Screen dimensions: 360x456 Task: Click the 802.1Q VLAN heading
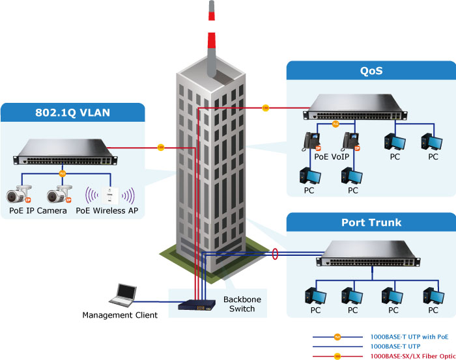[x=72, y=112]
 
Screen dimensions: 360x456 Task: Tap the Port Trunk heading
[x=371, y=223]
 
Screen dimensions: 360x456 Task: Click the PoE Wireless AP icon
[x=111, y=195]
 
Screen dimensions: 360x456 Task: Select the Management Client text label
[x=120, y=316]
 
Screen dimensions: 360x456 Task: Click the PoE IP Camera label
[x=38, y=211]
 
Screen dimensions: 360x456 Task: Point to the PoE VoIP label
[x=332, y=156]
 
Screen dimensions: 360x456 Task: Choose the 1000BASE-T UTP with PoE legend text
[x=409, y=337]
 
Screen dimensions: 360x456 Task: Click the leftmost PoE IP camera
[x=19, y=193]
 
